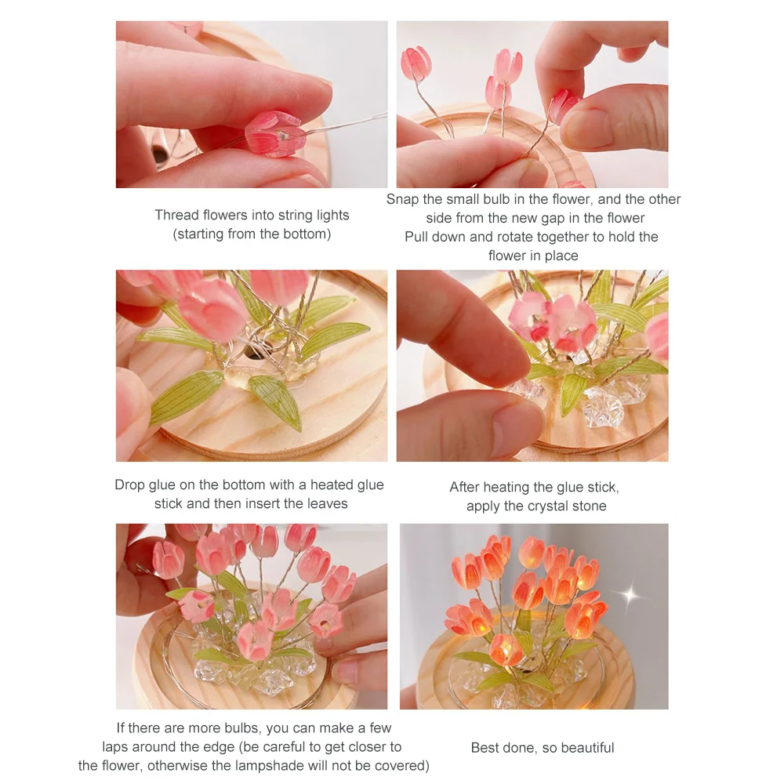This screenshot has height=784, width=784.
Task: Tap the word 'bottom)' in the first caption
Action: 305,234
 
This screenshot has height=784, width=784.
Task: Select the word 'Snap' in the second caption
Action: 402,199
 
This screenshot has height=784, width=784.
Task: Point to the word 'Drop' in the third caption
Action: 130,485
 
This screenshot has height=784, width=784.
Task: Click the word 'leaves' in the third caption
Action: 325,503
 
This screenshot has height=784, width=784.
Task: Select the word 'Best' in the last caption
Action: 485,747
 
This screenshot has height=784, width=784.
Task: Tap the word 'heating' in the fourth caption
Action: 510,487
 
